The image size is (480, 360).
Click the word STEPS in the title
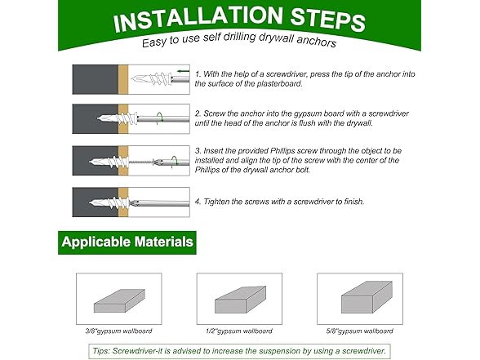point(327,19)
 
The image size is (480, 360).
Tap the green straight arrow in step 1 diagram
point(184,71)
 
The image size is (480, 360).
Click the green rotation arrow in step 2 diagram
point(159,118)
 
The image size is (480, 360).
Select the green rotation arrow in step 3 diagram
point(175,162)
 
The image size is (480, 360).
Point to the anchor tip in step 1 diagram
point(131,79)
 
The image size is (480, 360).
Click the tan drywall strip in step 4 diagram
point(123,202)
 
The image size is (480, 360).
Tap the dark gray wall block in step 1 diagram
point(96,79)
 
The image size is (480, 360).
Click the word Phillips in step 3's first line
point(282,151)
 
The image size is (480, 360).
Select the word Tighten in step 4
point(216,202)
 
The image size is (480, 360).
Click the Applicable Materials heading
point(127,242)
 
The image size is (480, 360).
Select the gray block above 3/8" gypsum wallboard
point(119,300)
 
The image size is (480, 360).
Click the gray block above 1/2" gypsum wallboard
point(240,300)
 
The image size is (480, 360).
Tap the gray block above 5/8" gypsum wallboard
point(367,296)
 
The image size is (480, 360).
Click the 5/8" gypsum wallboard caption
point(360,331)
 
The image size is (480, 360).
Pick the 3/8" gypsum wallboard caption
point(119,331)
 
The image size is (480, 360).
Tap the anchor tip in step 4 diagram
point(91,202)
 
